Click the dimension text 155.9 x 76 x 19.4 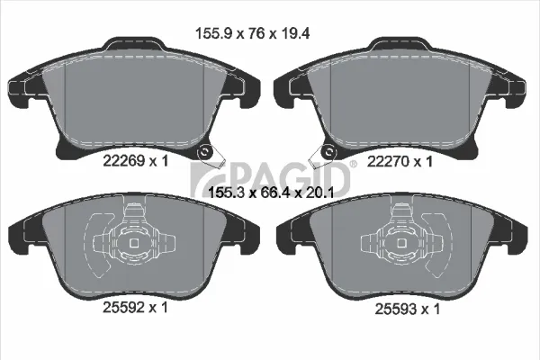tap(252, 33)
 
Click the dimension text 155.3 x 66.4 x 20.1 tap(271, 193)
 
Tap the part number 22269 tap(123, 160)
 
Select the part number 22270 tap(387, 161)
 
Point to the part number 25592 tap(123, 307)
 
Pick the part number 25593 tap(395, 309)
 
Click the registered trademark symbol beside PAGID tap(354, 165)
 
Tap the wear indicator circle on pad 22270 tap(328, 152)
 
